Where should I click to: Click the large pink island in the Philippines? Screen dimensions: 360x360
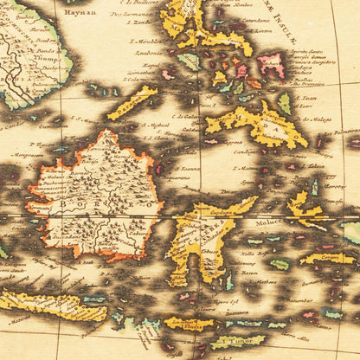pyautogui.click(x=271, y=63)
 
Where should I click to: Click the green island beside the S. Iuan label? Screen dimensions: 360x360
pyautogui.click(x=285, y=103)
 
